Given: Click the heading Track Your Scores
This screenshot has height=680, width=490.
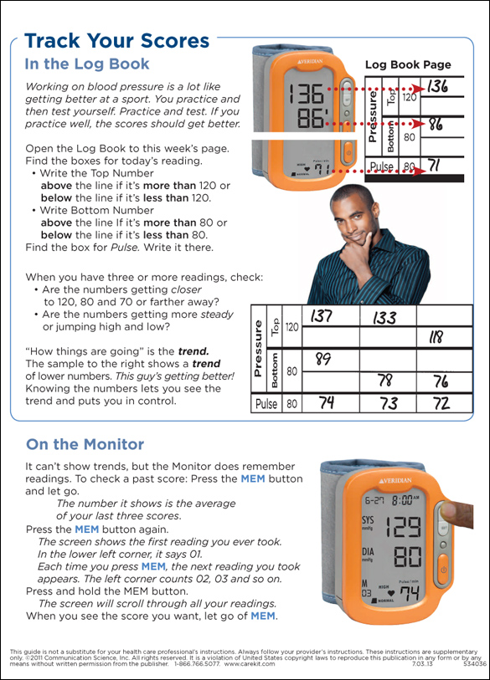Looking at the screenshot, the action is point(117,41).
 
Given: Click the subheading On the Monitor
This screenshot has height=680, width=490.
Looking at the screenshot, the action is point(85,444).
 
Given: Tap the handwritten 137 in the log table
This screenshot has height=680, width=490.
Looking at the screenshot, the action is point(322,315).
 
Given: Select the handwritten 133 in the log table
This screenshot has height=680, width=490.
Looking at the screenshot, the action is point(384,317).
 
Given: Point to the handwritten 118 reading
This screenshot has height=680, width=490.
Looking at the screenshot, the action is point(436,337).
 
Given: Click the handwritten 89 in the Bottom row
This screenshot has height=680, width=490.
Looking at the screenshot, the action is point(323,359).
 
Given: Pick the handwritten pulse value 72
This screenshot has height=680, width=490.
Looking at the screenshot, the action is point(441,403).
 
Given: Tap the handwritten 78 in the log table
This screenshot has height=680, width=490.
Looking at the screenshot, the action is point(385,381).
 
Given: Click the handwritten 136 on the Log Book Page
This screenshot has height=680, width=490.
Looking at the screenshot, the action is point(437,86).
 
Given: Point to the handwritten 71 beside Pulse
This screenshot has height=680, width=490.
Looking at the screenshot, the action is point(434,166).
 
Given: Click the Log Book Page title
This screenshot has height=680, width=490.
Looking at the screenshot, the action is point(408,65).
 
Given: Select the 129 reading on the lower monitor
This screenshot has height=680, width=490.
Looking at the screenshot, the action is point(404,526).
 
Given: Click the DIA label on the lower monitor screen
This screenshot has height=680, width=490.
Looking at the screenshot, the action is point(368,552).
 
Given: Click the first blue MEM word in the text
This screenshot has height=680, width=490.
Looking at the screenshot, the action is point(253,478).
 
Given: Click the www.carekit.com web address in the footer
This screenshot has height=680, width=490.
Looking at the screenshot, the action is point(250,663).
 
